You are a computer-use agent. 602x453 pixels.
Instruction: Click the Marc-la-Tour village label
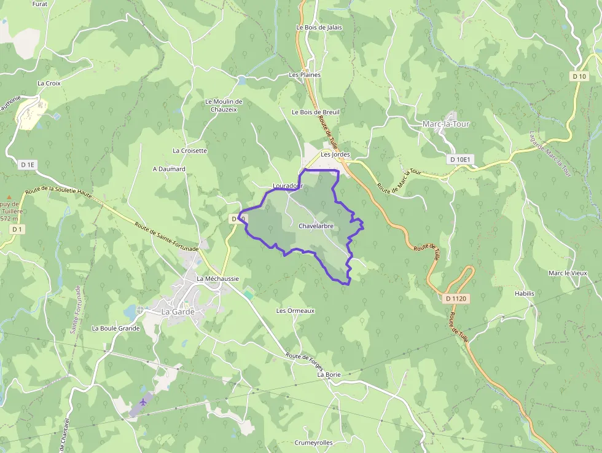point(446,124)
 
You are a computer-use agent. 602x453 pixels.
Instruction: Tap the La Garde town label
point(178,312)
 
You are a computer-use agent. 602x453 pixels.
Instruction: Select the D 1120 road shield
point(455,299)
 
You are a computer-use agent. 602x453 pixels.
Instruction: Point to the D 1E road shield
point(28,165)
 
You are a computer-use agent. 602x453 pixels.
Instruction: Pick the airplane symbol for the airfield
point(143,402)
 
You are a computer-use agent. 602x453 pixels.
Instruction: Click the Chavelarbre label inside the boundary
point(316,226)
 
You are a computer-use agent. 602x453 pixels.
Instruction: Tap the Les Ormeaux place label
point(295,311)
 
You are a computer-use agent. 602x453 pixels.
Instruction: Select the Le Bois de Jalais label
point(319,28)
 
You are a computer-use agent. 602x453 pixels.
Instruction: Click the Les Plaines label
point(305,75)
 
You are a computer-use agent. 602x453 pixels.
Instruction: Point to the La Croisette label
point(190,151)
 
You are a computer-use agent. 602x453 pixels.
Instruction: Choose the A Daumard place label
point(169,169)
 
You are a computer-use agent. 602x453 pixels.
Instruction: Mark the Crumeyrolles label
point(313,443)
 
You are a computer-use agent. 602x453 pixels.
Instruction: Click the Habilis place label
point(525,294)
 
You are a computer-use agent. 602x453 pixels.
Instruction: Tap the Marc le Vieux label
point(568,273)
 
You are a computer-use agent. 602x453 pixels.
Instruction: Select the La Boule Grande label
point(115,328)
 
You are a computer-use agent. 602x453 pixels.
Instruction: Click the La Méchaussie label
point(217,278)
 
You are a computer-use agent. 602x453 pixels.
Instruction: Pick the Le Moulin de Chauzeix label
point(224,105)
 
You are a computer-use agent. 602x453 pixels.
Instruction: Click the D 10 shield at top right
point(579,77)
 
